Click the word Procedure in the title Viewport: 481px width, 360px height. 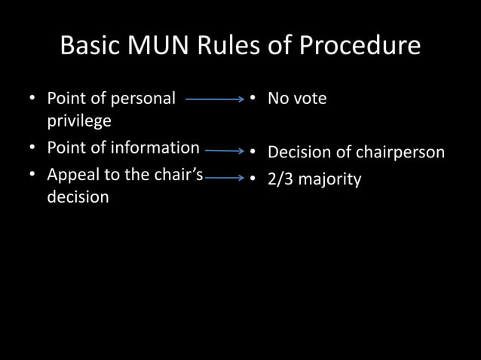pyautogui.click(x=360, y=46)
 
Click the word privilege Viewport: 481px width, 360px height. pyautogui.click(x=79, y=121)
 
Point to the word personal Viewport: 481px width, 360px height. pyautogui.click(x=142, y=98)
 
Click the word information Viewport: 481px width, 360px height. pyautogui.click(x=154, y=148)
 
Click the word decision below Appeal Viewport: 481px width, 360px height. pyautogui.click(x=78, y=197)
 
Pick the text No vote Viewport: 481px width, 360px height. pyautogui.click(x=297, y=99)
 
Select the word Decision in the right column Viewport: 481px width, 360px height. pyautogui.click(x=299, y=152)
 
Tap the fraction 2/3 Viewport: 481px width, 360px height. pyautogui.click(x=282, y=180)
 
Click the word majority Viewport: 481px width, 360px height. pyautogui.click(x=330, y=180)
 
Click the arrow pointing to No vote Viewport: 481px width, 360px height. pyautogui.click(x=215, y=99)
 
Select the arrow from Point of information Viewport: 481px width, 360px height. pyautogui.click(x=224, y=151)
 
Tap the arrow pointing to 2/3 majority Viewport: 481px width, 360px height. pyautogui.click(x=225, y=178)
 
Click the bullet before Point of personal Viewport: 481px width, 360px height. pyautogui.click(x=32, y=99)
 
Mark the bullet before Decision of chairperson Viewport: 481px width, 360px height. pyautogui.click(x=253, y=152)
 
